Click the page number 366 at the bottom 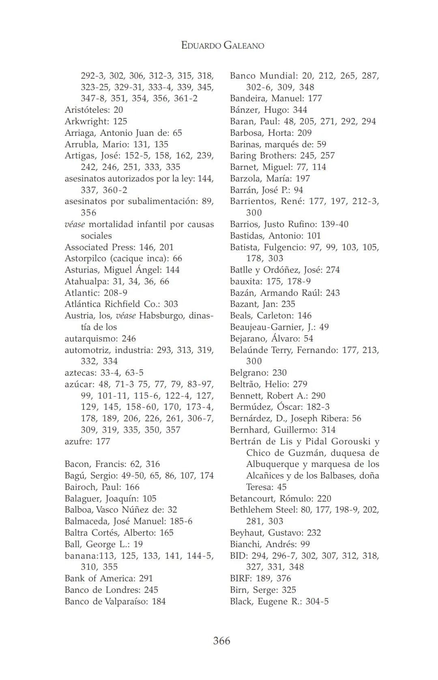pyautogui.click(x=221, y=641)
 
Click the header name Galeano pyautogui.click(x=243, y=45)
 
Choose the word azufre pyautogui.click(x=77, y=441)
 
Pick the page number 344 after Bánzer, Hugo pyautogui.click(x=300, y=110)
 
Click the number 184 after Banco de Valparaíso pyautogui.click(x=159, y=601)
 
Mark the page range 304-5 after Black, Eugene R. pyautogui.click(x=317, y=601)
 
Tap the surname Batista pyautogui.click(x=244, y=247)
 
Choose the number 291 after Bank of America pyautogui.click(x=146, y=578)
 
